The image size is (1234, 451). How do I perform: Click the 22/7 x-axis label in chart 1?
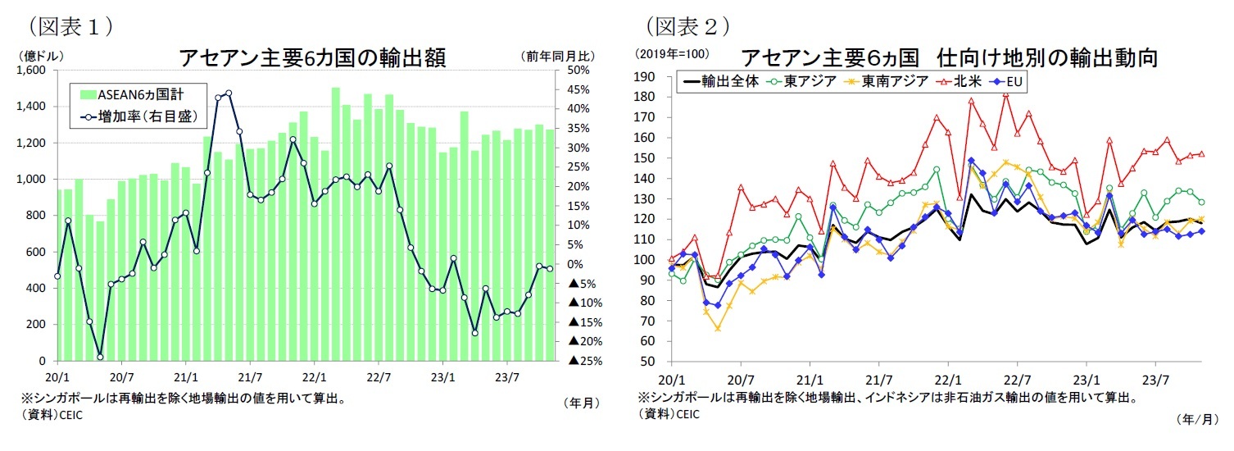(x=378, y=378)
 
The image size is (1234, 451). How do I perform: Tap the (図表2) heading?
(x=687, y=26)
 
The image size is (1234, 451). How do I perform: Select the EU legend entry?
(x=1009, y=82)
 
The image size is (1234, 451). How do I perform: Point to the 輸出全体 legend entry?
(x=724, y=82)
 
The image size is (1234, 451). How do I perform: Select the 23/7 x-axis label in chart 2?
(x=1155, y=380)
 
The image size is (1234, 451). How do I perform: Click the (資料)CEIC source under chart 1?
(x=52, y=415)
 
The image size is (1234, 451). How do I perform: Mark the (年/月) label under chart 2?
(x=1195, y=418)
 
